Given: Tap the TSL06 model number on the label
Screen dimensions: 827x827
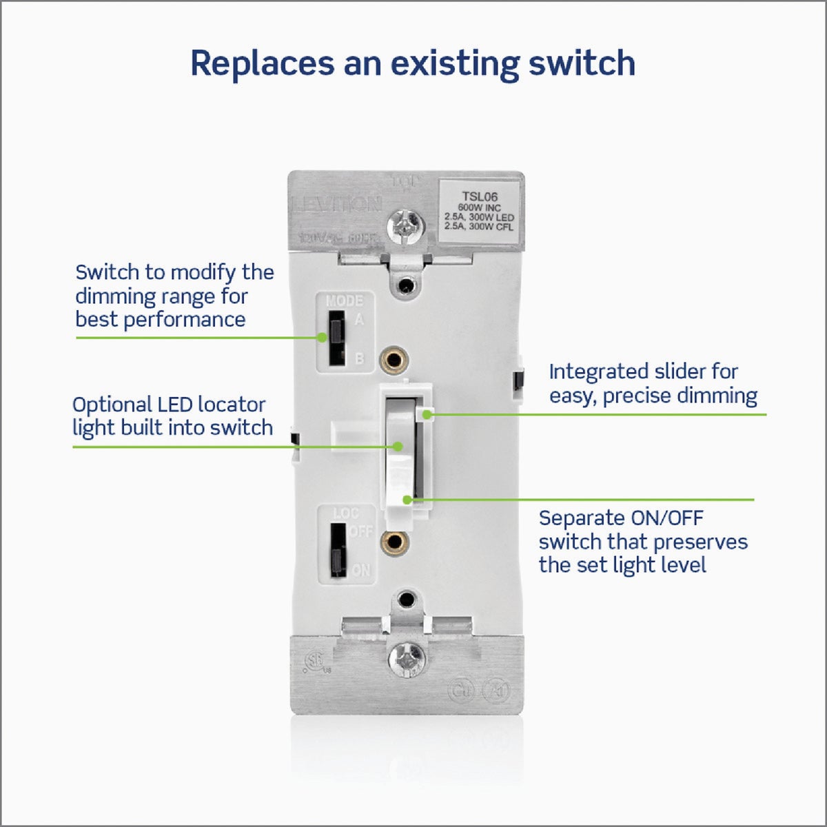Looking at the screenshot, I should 480,197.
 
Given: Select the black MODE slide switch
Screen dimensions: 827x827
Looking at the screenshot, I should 336,338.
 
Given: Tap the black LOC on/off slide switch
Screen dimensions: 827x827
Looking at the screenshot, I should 337,550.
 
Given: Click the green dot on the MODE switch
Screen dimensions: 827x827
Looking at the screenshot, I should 322,338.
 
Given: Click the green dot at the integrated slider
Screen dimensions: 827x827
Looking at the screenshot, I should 428,414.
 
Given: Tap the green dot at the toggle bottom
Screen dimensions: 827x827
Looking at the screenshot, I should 408,500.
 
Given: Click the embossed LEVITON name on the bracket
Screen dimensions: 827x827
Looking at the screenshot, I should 337,204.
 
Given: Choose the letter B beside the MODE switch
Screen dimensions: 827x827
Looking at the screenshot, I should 359,359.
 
